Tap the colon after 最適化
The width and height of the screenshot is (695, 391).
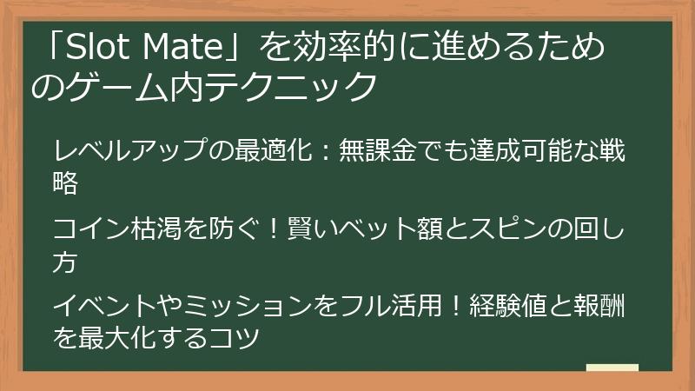pyautogui.click(x=317, y=153)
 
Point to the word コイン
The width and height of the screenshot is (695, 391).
pyautogui.click(x=88, y=229)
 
